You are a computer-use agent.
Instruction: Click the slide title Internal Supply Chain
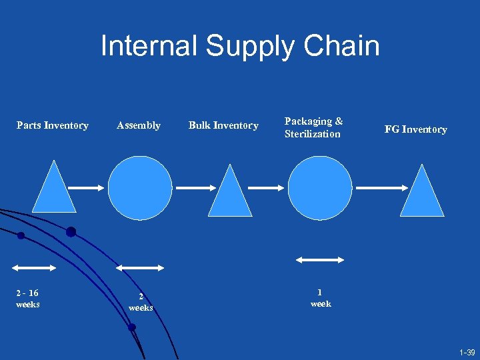point(240,46)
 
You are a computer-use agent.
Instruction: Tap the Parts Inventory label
point(53,125)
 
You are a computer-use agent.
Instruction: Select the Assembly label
point(139,125)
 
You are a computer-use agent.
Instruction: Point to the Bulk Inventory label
point(223,125)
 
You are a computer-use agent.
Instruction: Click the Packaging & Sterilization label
point(313,127)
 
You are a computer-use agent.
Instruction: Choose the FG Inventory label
point(415,129)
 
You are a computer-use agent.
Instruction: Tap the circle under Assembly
point(140,188)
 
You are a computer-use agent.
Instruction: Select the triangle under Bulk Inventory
point(230,194)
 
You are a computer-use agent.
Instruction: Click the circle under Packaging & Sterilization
point(320,188)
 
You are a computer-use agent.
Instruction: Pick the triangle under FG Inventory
point(422,194)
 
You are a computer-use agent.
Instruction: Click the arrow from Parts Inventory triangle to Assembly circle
point(87,188)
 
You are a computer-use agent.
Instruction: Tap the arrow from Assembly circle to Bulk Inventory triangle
point(194,188)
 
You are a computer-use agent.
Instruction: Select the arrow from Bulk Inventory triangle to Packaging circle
point(266,188)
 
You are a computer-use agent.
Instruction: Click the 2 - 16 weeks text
point(27,298)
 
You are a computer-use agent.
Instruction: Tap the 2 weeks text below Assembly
point(141,303)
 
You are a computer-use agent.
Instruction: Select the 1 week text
point(321,297)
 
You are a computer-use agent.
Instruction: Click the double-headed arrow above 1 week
point(320,260)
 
